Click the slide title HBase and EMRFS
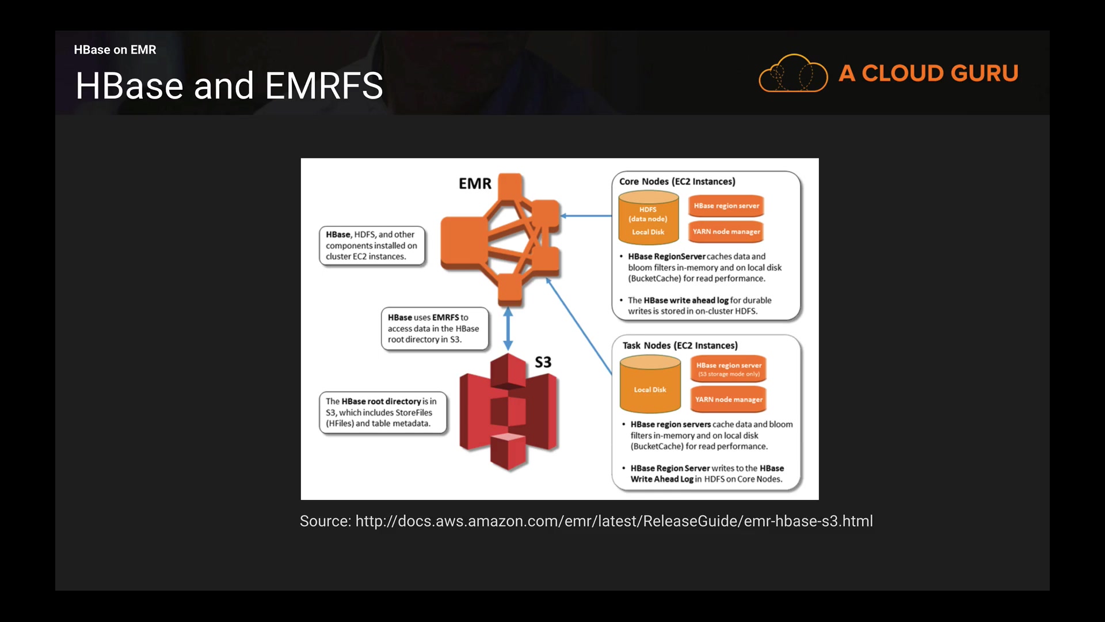tap(229, 86)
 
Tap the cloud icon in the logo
tap(793, 74)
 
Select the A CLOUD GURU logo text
tap(928, 73)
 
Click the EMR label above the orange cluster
tap(475, 184)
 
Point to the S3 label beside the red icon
tap(543, 362)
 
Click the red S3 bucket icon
tap(508, 412)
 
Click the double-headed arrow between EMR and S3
tap(508, 328)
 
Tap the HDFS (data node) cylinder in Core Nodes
tap(648, 218)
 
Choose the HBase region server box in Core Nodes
tap(726, 206)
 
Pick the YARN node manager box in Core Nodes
tap(726, 232)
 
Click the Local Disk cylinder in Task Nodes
tap(650, 384)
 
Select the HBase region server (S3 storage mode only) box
tap(729, 369)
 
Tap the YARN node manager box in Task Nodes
tap(729, 399)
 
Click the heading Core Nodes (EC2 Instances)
tap(677, 181)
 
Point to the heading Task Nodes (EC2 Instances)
tap(680, 346)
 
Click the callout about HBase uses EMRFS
tap(435, 328)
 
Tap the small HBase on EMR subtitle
tap(115, 50)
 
